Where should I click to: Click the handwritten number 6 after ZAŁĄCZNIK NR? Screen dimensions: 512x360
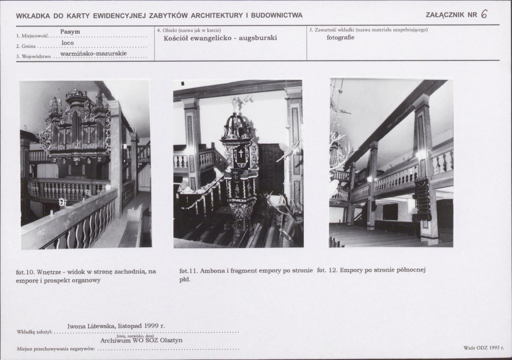pyautogui.click(x=484, y=15)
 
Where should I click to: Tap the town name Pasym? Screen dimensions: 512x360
pyautogui.click(x=70, y=32)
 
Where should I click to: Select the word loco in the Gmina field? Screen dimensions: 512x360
pyautogui.click(x=67, y=43)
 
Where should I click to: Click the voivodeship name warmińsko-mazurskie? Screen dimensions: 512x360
pyautogui.click(x=94, y=53)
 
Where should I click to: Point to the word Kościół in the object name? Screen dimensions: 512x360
pyautogui.click(x=176, y=38)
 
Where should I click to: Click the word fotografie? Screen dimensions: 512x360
pyautogui.click(x=340, y=37)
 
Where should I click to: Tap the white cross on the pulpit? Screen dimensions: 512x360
pyautogui.click(x=241, y=153)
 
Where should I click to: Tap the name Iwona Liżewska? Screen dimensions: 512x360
pyautogui.click(x=91, y=326)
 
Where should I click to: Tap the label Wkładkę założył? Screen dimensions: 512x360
pyautogui.click(x=34, y=332)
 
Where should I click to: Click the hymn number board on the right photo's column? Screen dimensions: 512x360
pyautogui.click(x=422, y=198)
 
